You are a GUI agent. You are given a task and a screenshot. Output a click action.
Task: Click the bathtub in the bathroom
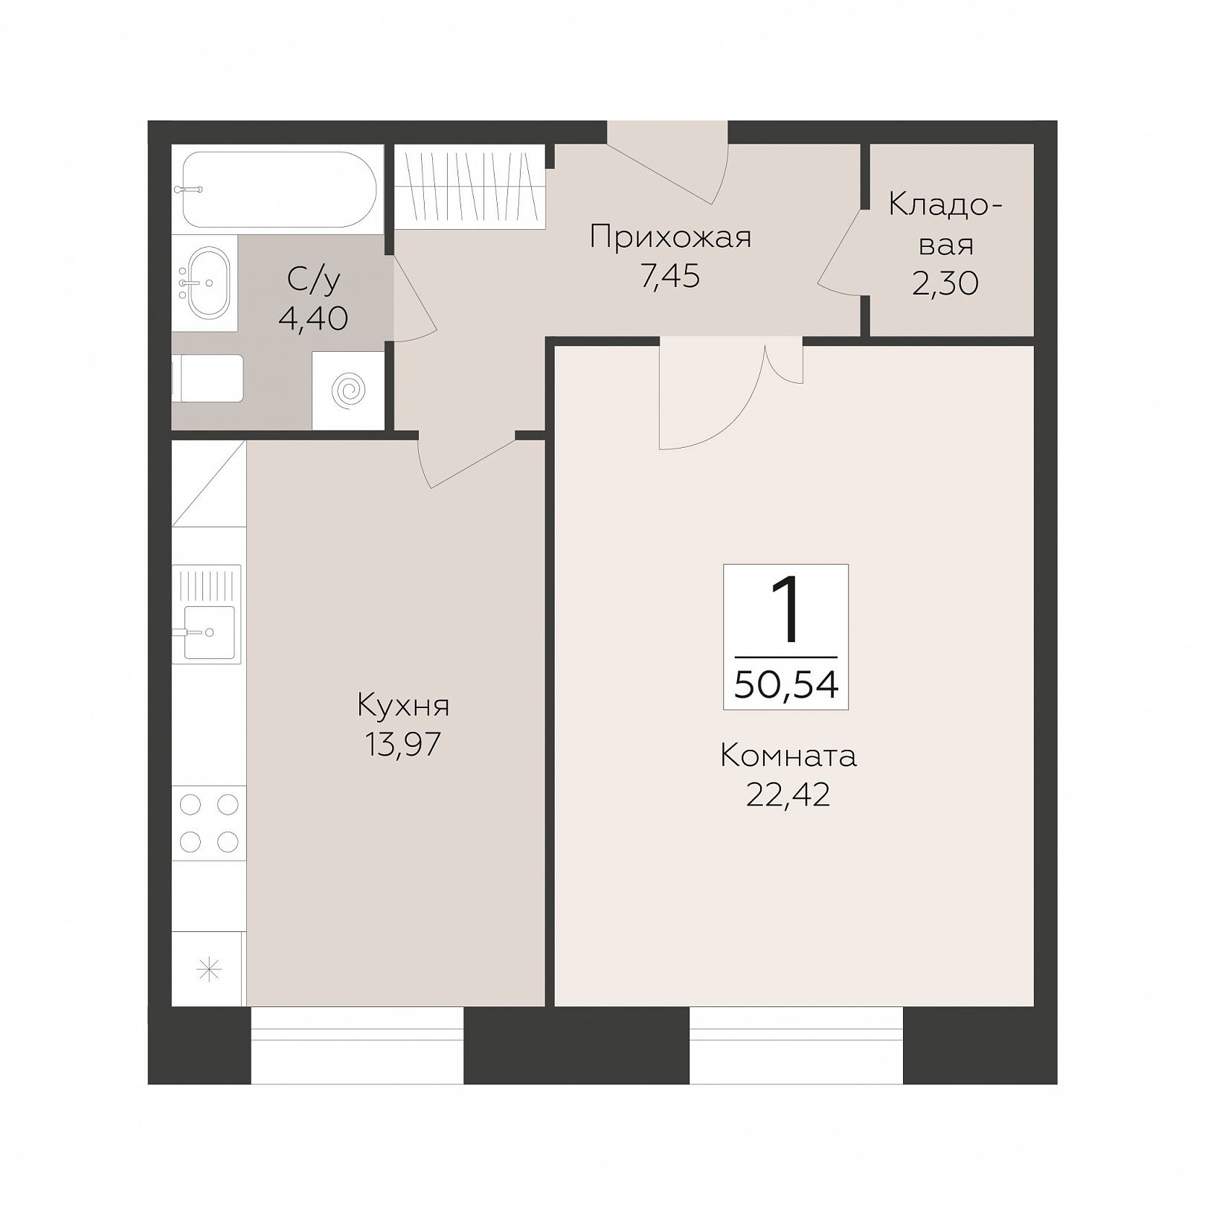click(x=277, y=189)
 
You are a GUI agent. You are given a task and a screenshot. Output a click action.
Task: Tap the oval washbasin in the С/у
click(x=208, y=283)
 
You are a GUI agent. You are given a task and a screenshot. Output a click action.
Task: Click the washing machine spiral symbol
click(x=348, y=391)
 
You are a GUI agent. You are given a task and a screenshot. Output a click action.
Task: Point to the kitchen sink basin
click(x=209, y=632)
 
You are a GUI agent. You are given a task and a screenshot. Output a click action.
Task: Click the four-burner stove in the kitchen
click(x=209, y=823)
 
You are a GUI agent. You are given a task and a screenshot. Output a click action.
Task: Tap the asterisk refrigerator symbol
click(x=209, y=969)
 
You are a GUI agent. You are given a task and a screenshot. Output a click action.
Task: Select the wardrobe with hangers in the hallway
click(x=469, y=186)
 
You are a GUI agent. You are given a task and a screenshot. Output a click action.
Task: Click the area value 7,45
click(x=669, y=276)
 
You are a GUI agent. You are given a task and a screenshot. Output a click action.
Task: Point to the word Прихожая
click(x=670, y=237)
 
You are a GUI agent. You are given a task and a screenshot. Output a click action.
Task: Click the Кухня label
click(x=403, y=704)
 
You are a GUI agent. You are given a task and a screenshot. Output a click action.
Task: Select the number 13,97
click(x=402, y=743)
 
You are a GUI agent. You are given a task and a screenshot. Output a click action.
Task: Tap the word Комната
click(x=788, y=756)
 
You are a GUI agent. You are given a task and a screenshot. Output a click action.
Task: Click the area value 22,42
click(x=788, y=794)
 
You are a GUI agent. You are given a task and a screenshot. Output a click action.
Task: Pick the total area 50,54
click(x=786, y=684)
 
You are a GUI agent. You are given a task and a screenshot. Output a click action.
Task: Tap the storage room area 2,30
click(x=945, y=283)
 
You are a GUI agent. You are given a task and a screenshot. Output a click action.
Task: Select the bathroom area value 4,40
click(x=313, y=318)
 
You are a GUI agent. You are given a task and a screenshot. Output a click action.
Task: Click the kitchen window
click(x=357, y=1045)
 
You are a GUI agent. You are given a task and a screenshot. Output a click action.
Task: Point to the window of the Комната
click(x=796, y=1045)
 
